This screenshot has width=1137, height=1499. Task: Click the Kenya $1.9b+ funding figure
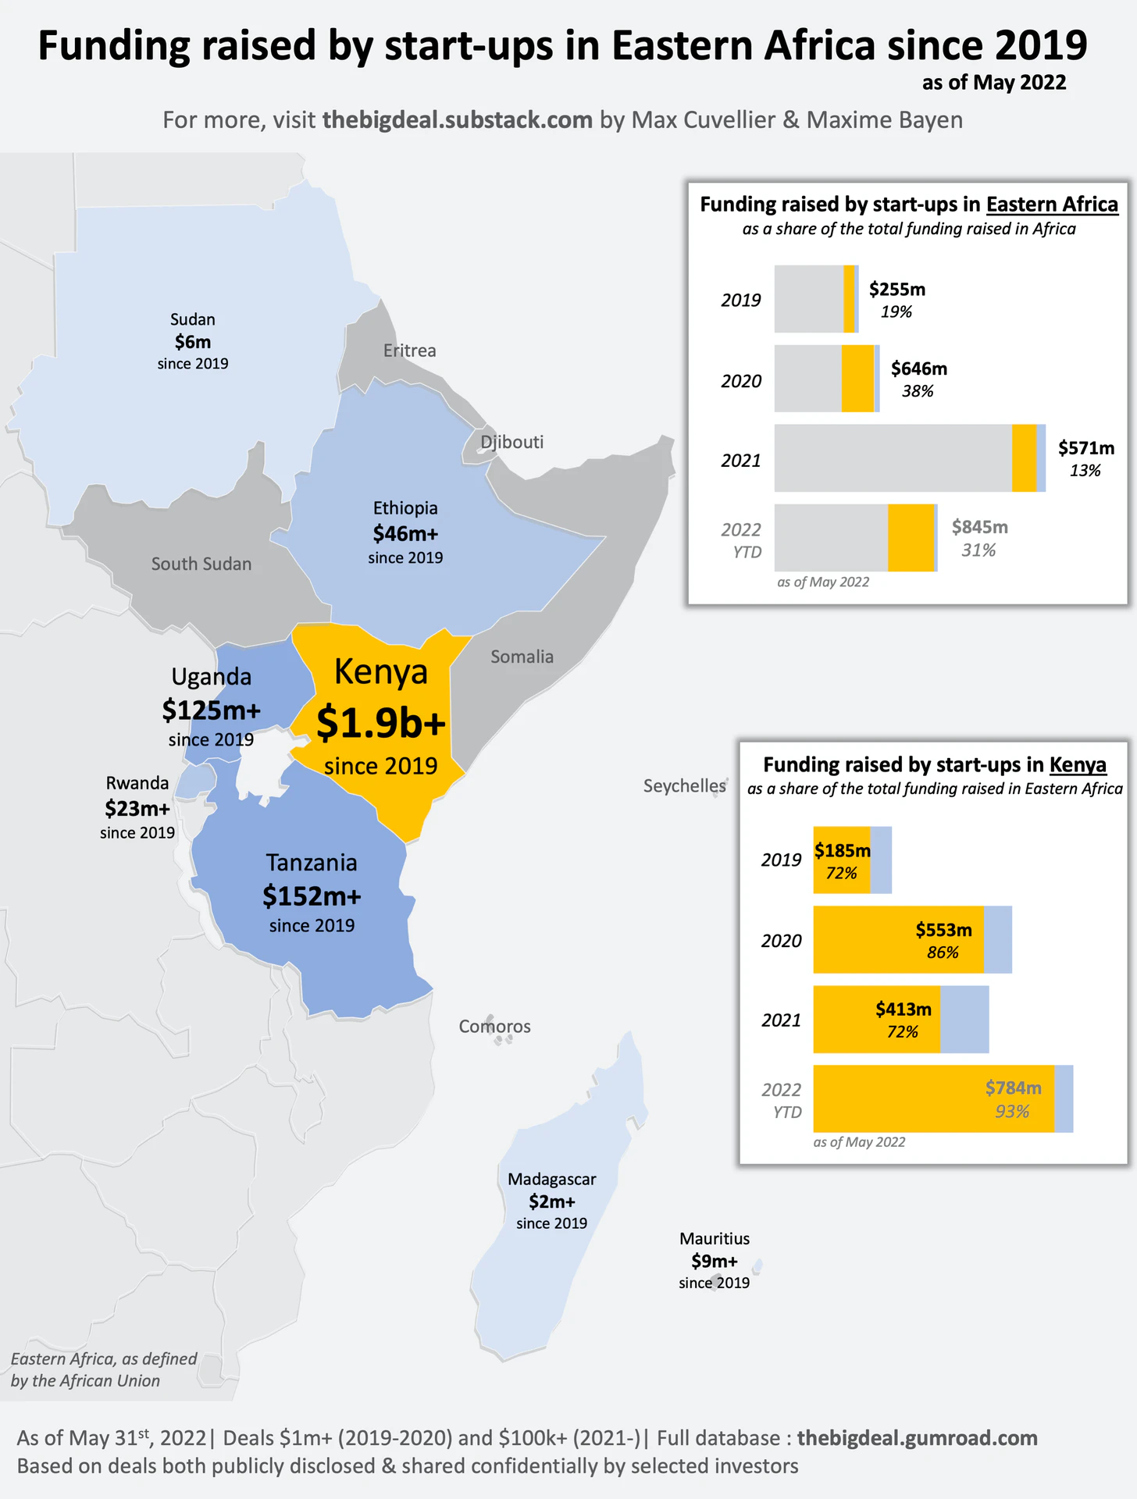click(380, 723)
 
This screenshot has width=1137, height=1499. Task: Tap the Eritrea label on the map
click(409, 351)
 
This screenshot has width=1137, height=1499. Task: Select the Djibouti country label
click(511, 442)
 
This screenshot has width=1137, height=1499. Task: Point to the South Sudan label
click(201, 564)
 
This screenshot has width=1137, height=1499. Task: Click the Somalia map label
click(522, 657)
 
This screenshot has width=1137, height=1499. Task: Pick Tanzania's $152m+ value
click(312, 896)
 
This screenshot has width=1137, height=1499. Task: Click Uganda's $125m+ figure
click(211, 710)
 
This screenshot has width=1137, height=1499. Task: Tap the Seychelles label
click(684, 785)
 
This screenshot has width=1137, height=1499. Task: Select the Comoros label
click(494, 1026)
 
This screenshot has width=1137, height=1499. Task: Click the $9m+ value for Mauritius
click(714, 1261)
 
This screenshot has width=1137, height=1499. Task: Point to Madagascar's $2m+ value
click(551, 1202)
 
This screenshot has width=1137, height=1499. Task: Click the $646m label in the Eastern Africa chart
click(918, 369)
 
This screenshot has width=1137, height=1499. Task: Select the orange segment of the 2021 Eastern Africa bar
click(1024, 458)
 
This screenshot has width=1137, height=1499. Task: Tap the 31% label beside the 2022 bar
click(978, 550)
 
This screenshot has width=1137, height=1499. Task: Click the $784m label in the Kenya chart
click(1013, 1088)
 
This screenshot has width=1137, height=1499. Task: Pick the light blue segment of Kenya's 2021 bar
click(964, 1020)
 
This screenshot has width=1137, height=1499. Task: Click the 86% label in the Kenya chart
click(943, 952)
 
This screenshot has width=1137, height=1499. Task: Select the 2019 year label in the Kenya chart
click(781, 860)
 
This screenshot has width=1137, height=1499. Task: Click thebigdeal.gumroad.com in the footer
click(917, 1438)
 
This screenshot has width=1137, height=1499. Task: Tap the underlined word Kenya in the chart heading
click(1078, 764)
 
